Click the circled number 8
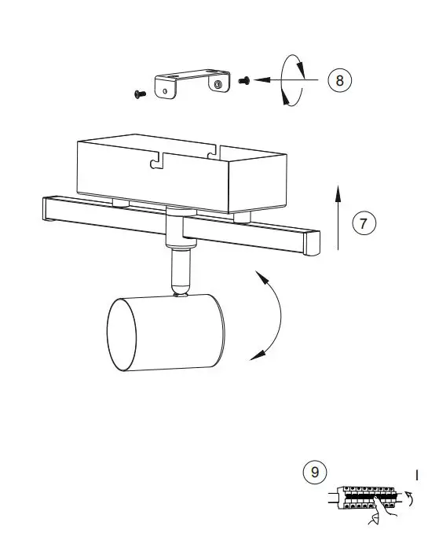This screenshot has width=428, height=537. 339,79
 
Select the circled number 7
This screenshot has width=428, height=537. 362,223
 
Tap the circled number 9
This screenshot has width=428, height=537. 314,472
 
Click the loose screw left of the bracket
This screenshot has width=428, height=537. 140,94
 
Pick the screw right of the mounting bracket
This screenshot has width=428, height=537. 243,80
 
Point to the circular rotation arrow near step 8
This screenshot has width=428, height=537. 292,79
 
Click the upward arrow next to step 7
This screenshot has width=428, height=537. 337,217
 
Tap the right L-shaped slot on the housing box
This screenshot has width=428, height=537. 210,152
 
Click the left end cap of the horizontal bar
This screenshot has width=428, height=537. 48,211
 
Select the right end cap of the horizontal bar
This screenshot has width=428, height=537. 313,244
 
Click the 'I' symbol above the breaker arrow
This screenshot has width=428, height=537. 417,474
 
